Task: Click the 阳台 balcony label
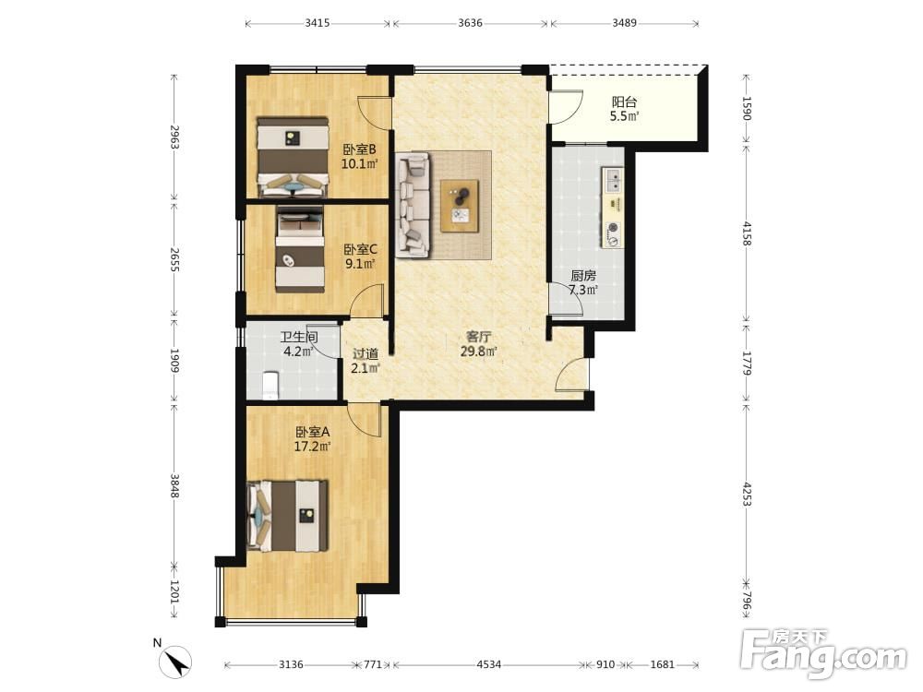point(624,102)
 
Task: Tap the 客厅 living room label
point(478,337)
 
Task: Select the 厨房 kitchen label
point(583,275)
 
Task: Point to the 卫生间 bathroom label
point(299,337)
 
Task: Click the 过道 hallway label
point(365,354)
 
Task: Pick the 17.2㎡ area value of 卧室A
point(312,447)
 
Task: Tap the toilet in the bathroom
point(270,386)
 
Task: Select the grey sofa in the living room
point(413,205)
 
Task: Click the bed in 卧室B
point(293,157)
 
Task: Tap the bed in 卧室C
point(300,249)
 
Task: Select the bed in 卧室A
point(287,516)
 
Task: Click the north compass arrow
point(176,661)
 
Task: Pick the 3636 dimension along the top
point(470,23)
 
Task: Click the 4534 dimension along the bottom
point(488,664)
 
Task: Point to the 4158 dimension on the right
point(747,233)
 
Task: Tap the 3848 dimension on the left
point(174,486)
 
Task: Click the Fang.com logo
point(823,653)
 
